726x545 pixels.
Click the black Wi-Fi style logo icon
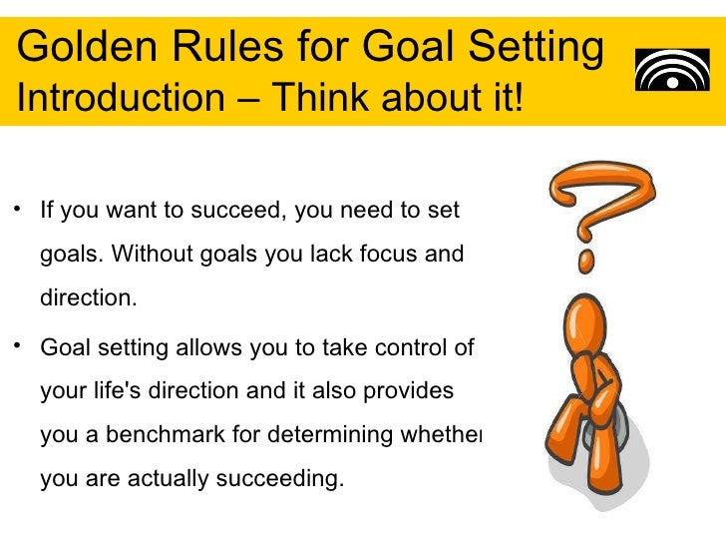pyautogui.click(x=672, y=69)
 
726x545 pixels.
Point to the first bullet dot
pyautogui.click(x=18, y=209)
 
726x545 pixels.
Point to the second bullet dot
pyautogui.click(x=18, y=344)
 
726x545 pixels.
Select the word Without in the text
pyautogui.click(x=152, y=255)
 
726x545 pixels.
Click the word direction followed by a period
pyautogui.click(x=86, y=298)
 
